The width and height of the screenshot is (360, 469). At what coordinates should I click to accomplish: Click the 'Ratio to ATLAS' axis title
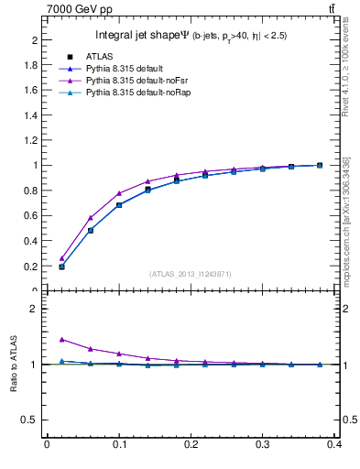15,364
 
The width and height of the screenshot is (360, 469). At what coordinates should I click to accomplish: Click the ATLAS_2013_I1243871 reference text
191,275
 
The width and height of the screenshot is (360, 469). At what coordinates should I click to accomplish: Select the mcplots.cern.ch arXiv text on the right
346,221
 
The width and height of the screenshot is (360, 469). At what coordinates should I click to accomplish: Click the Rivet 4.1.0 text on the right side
346,73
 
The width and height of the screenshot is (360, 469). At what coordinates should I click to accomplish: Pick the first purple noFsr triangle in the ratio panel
61,339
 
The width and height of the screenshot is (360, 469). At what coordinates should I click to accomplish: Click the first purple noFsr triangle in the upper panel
61,258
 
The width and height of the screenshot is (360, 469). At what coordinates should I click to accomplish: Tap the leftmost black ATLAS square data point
61,267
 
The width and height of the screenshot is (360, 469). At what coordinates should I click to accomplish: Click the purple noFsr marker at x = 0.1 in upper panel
119,193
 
